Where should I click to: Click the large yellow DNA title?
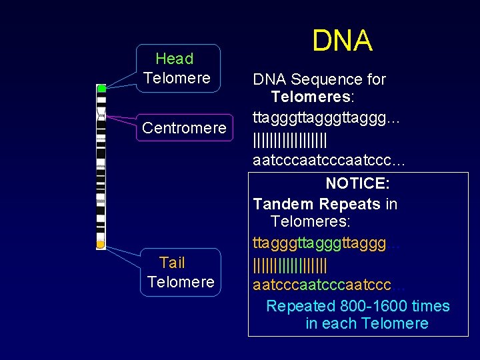click(343, 41)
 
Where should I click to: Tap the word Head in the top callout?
click(174, 59)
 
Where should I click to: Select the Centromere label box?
click(184, 127)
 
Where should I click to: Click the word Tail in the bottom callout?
click(172, 263)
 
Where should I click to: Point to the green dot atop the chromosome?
click(101, 88)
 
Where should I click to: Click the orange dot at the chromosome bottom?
click(100, 245)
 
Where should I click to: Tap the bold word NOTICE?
click(358, 183)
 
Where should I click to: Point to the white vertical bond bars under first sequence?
click(290, 139)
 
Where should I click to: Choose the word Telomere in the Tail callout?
click(181, 282)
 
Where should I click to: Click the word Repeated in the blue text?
click(300, 306)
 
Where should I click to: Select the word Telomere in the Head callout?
click(177, 78)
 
